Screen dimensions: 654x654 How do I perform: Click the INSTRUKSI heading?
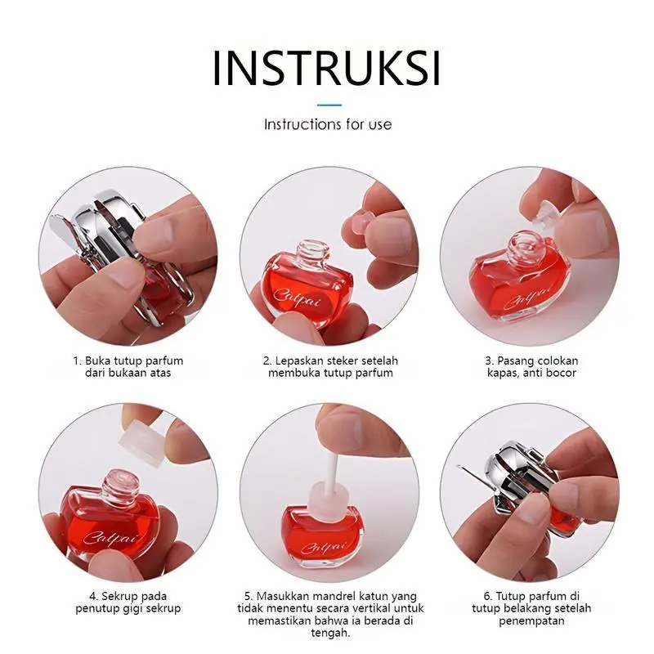click(326, 69)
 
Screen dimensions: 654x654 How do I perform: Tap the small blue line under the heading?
click(329, 105)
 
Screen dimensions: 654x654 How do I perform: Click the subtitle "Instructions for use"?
click(328, 124)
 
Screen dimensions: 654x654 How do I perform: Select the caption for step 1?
click(128, 366)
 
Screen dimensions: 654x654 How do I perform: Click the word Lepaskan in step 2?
click(299, 361)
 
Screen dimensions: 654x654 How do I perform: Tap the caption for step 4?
click(128, 602)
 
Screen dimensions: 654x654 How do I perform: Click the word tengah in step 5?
click(329, 634)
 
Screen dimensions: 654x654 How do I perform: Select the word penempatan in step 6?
click(531, 621)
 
